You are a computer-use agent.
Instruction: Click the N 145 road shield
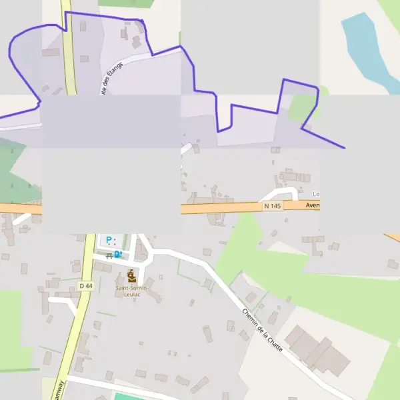pos(272,207)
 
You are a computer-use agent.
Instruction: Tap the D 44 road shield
pos(85,285)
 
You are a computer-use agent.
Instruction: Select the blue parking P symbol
pos(108,240)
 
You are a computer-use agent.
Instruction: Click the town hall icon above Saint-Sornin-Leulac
pos(132,275)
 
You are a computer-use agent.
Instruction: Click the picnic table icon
pos(109,255)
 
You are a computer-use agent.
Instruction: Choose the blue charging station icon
pos(118,254)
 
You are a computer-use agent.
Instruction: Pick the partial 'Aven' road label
pos(312,206)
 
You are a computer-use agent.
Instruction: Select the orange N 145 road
pos(220,209)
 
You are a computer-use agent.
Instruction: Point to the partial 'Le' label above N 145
pos(316,194)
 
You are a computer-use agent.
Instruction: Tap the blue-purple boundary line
pos(193,73)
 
